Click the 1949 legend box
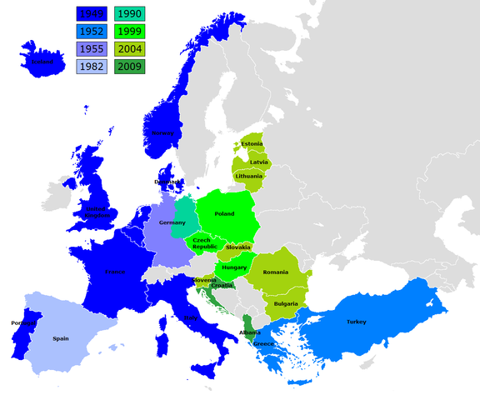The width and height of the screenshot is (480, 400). (x=91, y=14)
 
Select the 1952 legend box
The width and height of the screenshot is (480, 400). (x=91, y=32)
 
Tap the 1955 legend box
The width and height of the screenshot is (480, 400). (x=91, y=50)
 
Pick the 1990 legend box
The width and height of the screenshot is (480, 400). (x=129, y=14)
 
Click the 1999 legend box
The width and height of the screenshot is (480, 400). (x=129, y=32)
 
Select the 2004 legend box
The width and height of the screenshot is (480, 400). (x=129, y=50)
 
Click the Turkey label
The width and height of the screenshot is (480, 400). (x=357, y=322)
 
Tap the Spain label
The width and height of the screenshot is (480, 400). (x=61, y=339)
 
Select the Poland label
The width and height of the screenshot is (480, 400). (x=224, y=213)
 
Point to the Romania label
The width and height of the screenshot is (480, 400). (x=274, y=272)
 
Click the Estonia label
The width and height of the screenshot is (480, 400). (x=252, y=144)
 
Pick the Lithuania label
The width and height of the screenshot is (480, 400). (x=250, y=177)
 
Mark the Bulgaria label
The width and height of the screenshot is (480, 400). (x=286, y=304)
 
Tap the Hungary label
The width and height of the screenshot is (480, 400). (x=234, y=267)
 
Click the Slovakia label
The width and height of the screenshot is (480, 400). (x=238, y=247)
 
